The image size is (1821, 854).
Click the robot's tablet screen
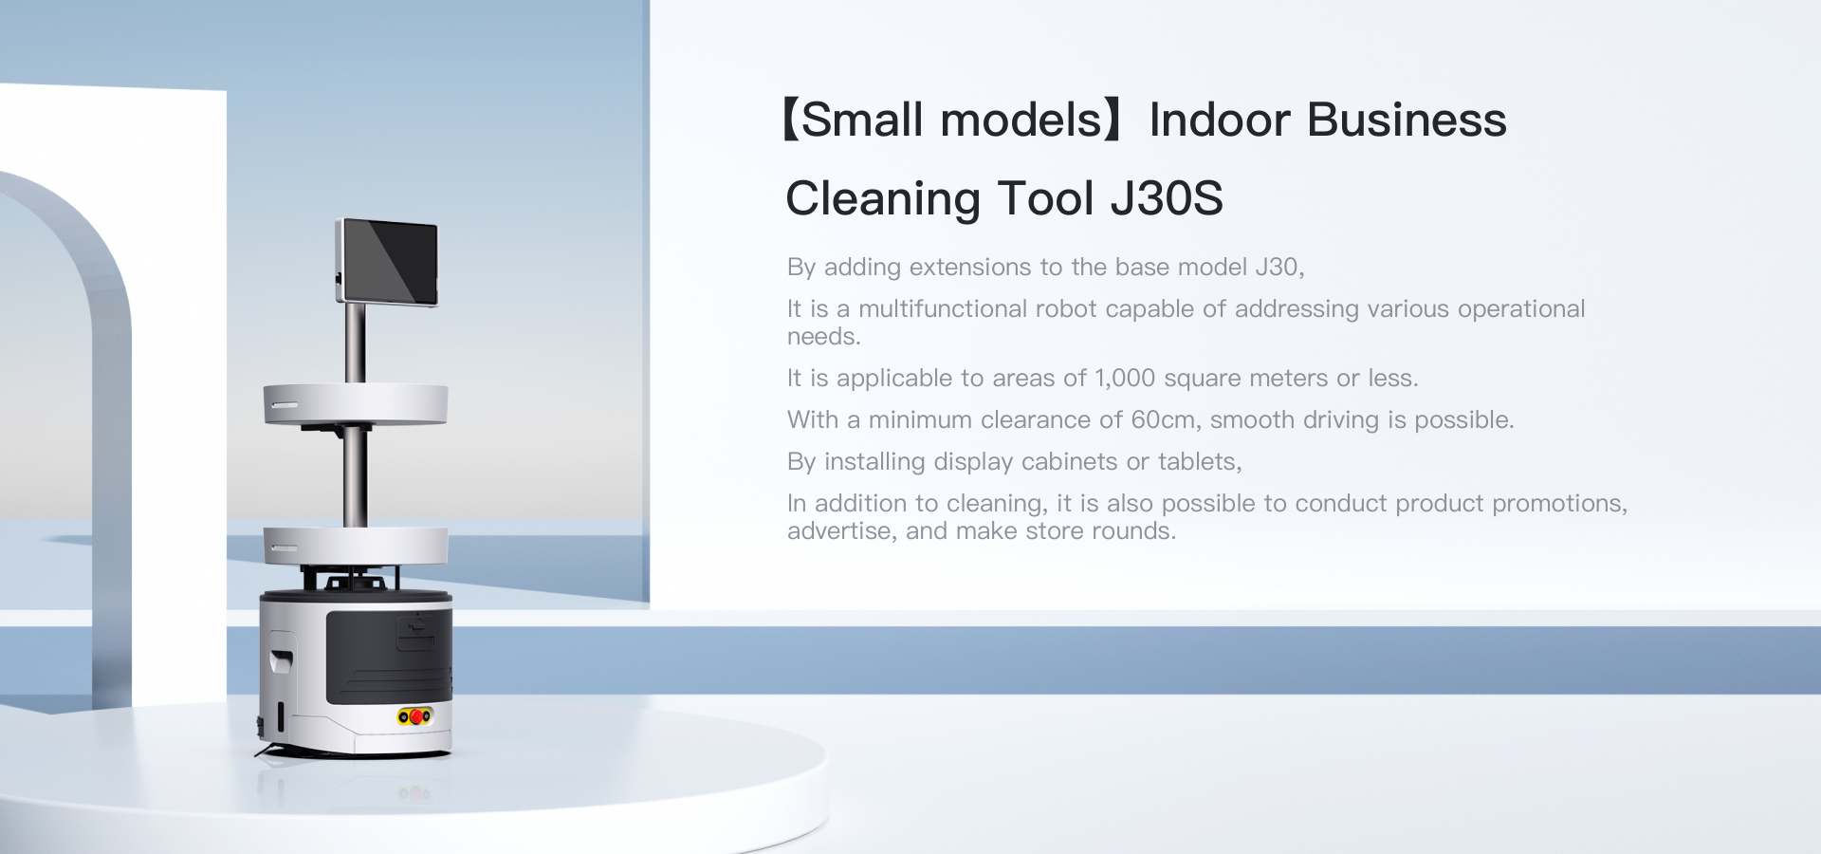pyautogui.click(x=388, y=262)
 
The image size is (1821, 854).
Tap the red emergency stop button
pyautogui.click(x=415, y=716)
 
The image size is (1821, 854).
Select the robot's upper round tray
pyautogui.click(x=356, y=404)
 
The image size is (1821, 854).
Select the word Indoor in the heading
pyautogui.click(x=1220, y=121)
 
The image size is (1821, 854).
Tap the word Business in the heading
pyautogui.click(x=1407, y=121)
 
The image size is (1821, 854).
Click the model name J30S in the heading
pyautogui.click(x=1167, y=199)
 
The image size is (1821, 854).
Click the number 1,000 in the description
pyautogui.click(x=1125, y=379)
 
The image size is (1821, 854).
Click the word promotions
pyautogui.click(x=1560, y=504)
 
